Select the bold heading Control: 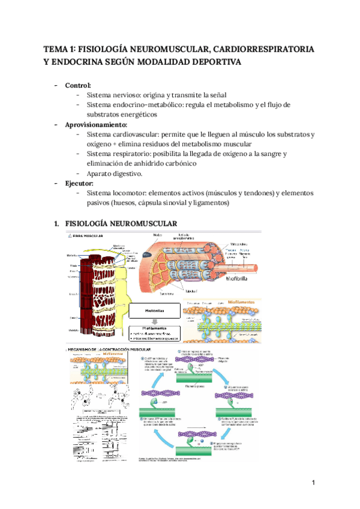[x=78, y=85]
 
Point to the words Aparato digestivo [x=115, y=173]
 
